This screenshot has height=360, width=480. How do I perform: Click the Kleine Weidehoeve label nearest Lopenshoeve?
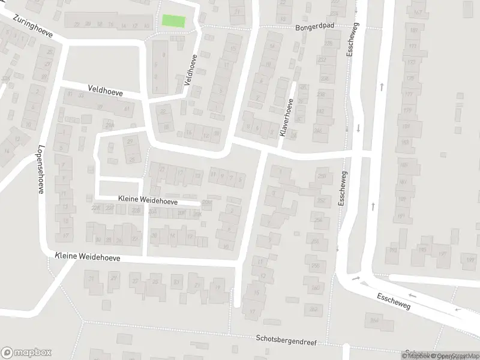click(x=87, y=257)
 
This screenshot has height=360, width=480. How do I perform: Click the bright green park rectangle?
click(x=173, y=20)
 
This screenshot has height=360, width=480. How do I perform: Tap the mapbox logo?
click(x=26, y=353)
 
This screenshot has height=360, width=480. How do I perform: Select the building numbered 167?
click(x=418, y=13)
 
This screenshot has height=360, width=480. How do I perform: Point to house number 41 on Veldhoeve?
click(x=126, y=109)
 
